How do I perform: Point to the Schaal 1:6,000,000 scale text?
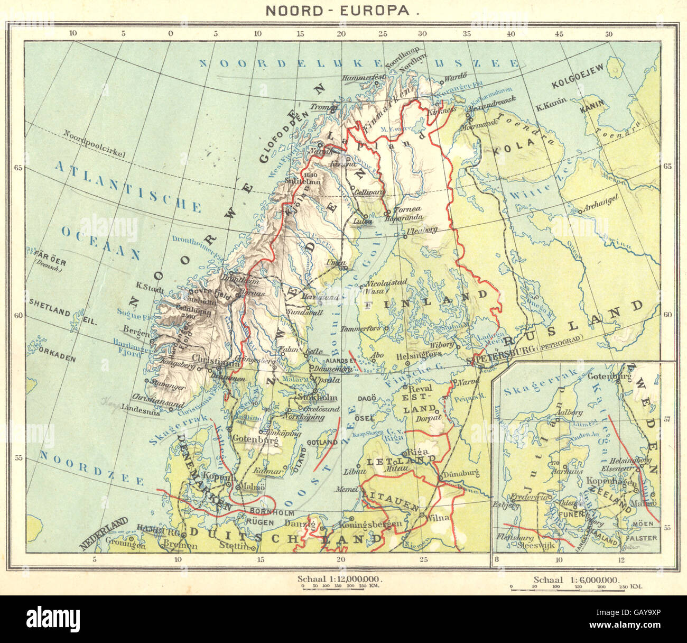coord(575,579)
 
